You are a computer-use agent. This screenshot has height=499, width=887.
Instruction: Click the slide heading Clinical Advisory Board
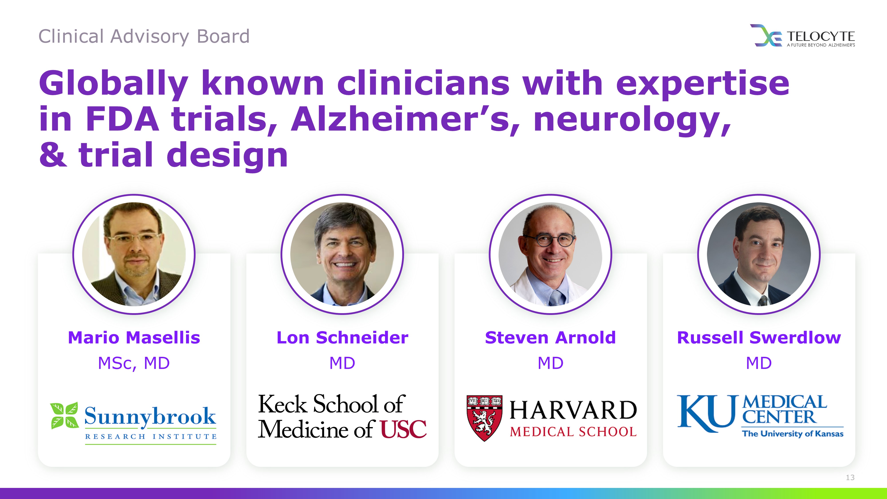tap(144, 37)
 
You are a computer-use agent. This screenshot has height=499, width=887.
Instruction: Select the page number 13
tap(850, 477)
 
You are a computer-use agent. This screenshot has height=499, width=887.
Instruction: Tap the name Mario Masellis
tap(134, 338)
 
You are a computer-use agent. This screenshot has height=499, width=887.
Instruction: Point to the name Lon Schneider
tap(342, 338)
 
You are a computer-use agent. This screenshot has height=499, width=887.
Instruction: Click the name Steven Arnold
tap(550, 338)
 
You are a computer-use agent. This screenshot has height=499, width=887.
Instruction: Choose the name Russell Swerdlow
tap(759, 338)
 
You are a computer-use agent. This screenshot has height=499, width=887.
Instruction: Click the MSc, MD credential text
tap(134, 363)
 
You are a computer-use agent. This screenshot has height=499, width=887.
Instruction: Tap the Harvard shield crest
tap(484, 418)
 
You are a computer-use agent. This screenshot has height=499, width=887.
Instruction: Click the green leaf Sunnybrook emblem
tap(64, 415)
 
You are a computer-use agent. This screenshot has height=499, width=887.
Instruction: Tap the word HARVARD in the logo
tap(573, 410)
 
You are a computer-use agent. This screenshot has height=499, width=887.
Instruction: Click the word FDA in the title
tap(123, 119)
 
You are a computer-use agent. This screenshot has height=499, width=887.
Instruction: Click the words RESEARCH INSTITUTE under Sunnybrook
tap(151, 437)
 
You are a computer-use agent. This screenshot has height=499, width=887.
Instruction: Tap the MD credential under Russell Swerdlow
tap(759, 363)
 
